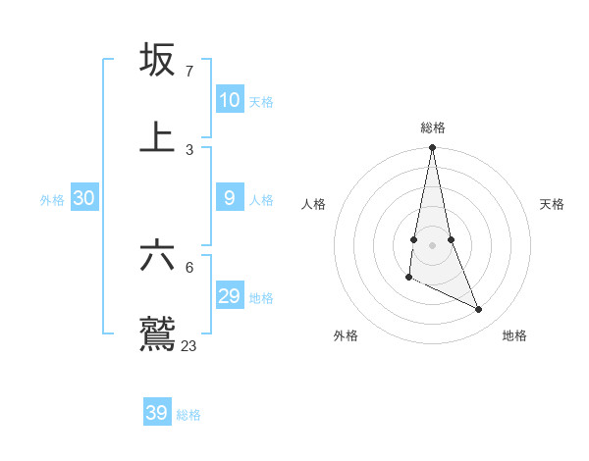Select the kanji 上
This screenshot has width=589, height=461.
157,137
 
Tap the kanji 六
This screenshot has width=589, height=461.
157,255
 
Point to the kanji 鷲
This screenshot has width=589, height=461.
157,334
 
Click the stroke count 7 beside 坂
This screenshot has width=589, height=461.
188,71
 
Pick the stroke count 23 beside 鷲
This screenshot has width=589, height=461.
189,345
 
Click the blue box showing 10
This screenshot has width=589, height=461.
229,100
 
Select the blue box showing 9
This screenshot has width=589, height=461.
229,198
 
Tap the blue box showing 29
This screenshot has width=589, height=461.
229,296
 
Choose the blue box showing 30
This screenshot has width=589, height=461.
83,198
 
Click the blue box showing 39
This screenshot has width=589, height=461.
156,413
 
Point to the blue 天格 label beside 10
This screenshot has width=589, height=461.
261,102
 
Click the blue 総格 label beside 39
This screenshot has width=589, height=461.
188,415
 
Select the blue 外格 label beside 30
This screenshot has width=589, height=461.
52,200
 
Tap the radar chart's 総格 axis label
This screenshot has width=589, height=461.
433,128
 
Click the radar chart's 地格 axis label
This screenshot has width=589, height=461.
514,335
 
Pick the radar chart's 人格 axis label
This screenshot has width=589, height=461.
314,204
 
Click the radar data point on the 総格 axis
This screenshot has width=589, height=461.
432,148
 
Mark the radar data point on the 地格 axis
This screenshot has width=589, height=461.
479,310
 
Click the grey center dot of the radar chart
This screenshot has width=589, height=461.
432,244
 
